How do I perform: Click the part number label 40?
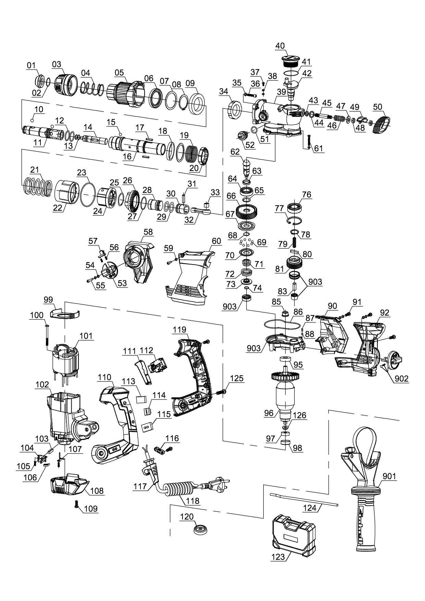click(x=280, y=46)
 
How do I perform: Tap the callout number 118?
click(x=193, y=501)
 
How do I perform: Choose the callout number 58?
click(x=148, y=232)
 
